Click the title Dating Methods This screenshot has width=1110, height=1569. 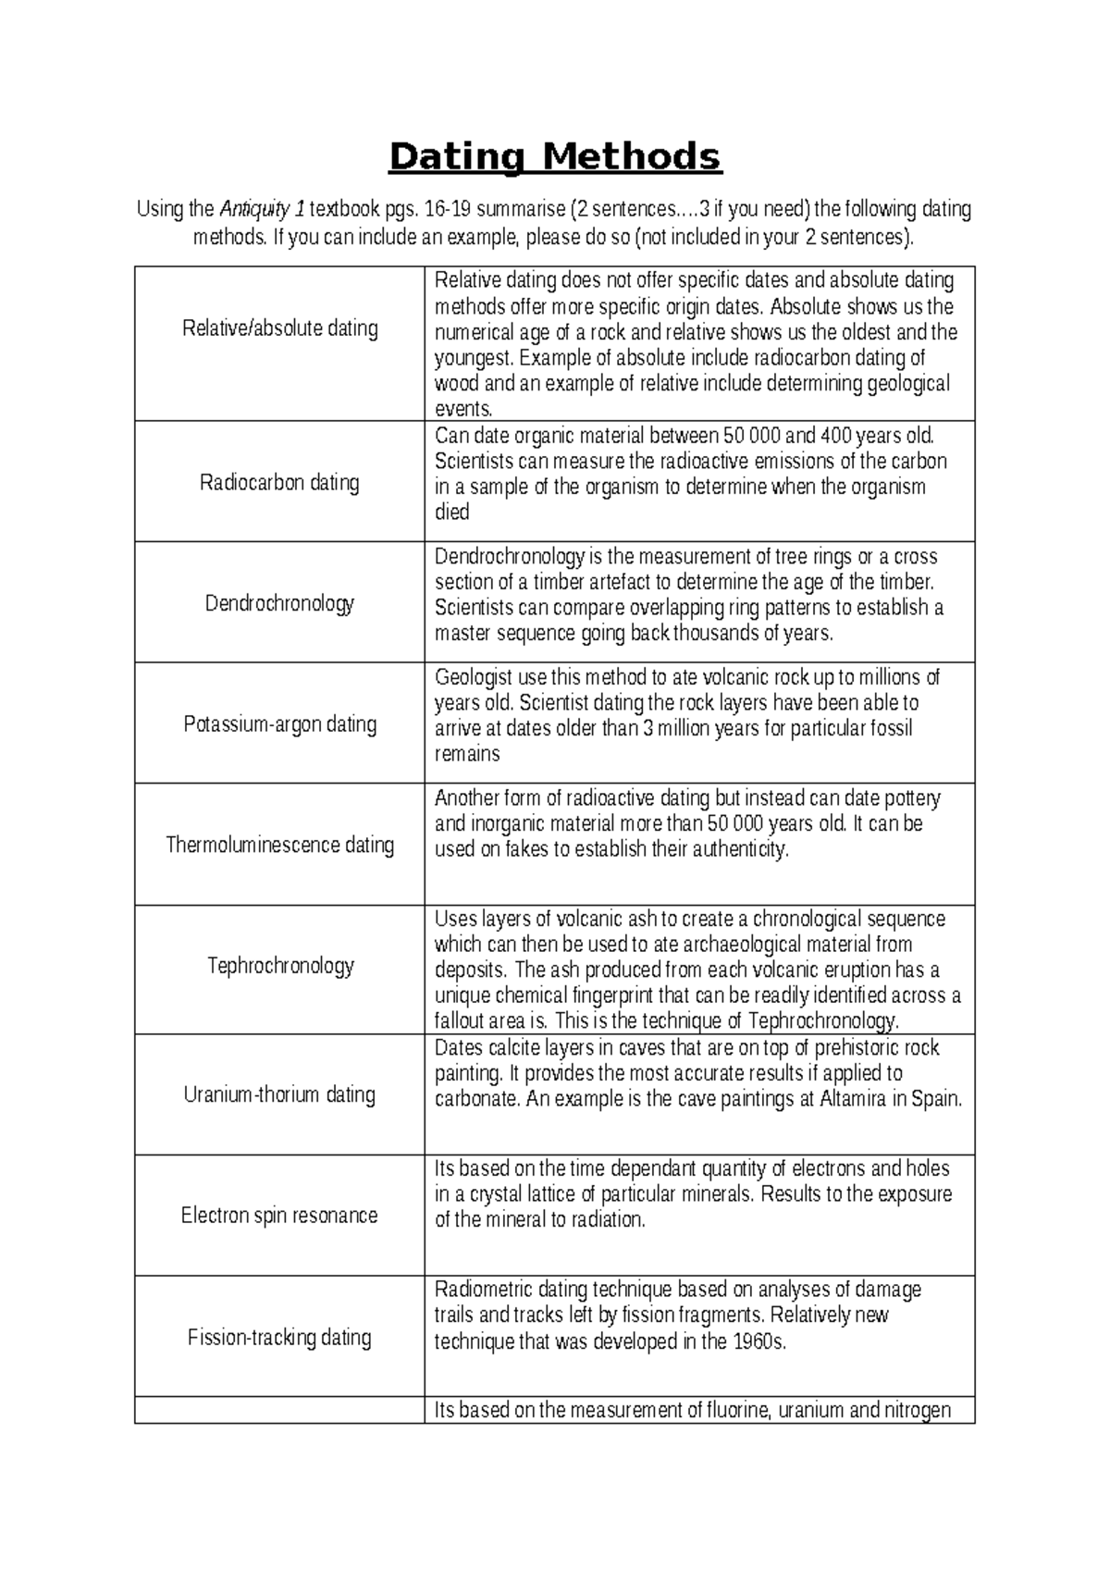(x=554, y=157)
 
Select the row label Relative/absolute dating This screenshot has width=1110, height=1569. (x=279, y=328)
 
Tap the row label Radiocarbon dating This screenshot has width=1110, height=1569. (x=279, y=482)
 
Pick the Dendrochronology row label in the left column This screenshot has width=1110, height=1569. (x=279, y=603)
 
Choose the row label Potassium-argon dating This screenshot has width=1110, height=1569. (x=279, y=723)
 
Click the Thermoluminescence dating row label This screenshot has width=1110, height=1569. (x=279, y=845)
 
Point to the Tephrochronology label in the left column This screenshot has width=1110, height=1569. (x=279, y=966)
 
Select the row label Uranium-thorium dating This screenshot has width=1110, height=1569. (x=279, y=1094)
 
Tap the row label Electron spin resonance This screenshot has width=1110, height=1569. (x=279, y=1215)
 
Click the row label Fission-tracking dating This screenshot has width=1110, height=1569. (x=279, y=1337)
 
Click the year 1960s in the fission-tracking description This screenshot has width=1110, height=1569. (x=758, y=1341)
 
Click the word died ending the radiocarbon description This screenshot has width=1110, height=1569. (x=452, y=513)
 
